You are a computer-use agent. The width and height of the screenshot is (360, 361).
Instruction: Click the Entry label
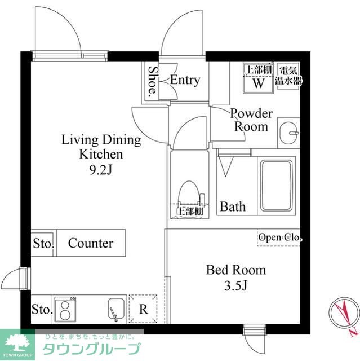pos(185,80)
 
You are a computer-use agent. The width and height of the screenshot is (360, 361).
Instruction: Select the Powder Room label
pos(251,120)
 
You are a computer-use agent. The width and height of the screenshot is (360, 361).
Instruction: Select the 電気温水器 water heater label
pos(288,76)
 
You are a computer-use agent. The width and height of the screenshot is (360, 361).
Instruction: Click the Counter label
pos(90,244)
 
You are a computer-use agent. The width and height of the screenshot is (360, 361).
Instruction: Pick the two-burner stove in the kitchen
pos(65,309)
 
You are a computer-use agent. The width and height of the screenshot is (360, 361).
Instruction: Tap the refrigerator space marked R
pos(143,309)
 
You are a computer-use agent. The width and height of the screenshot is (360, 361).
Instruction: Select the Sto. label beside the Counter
pos(42,244)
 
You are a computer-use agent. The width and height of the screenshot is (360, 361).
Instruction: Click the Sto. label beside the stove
pos(42,310)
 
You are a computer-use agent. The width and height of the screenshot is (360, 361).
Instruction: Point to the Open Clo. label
pos(279,237)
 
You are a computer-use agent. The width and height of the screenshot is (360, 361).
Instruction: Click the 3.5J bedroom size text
pos(235,286)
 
